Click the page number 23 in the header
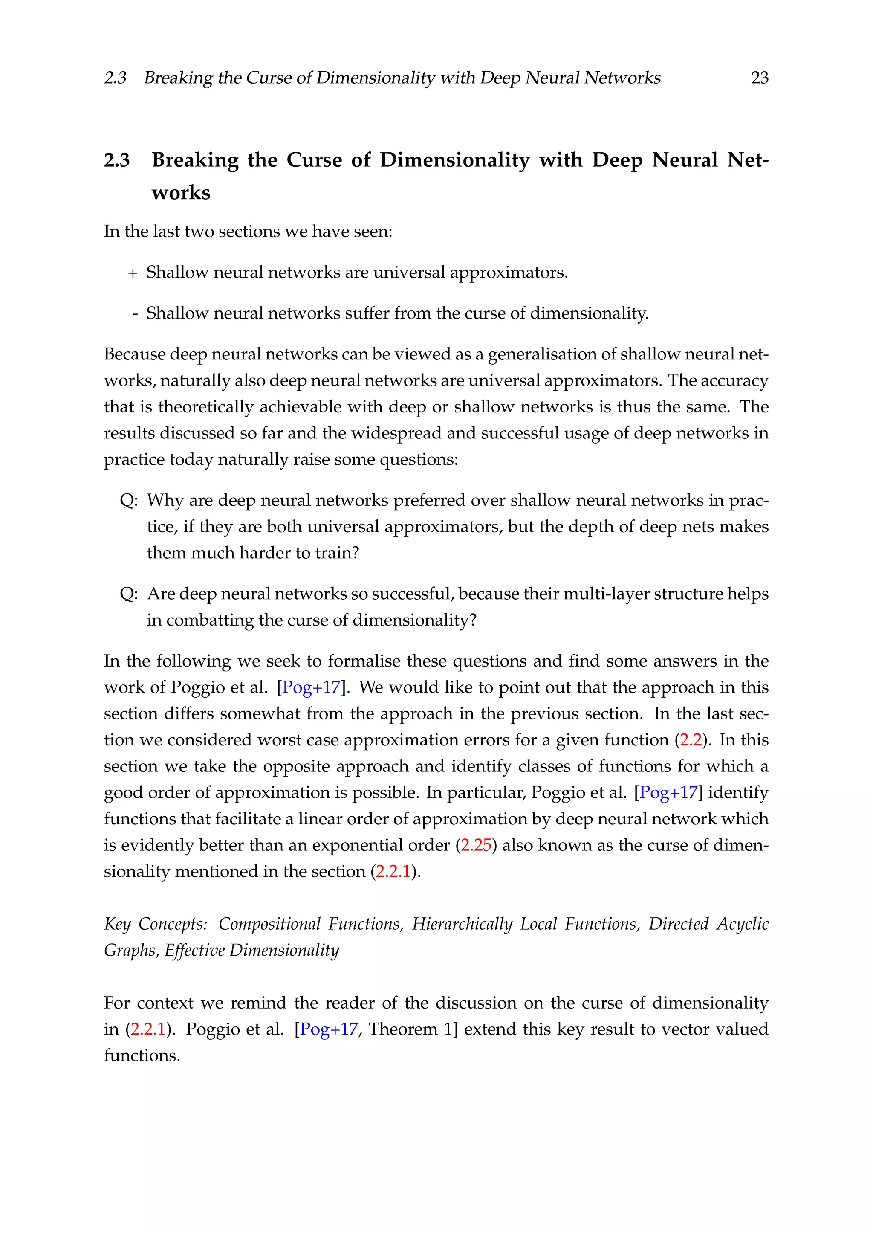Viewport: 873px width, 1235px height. click(x=759, y=78)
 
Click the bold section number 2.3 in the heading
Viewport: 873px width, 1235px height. click(x=117, y=160)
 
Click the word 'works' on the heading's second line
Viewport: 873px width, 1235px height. click(x=181, y=193)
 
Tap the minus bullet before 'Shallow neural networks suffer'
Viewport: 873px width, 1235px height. click(x=135, y=313)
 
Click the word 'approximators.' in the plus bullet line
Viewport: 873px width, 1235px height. click(x=509, y=273)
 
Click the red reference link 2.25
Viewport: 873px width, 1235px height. click(x=476, y=845)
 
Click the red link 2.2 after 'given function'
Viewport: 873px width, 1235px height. click(x=691, y=740)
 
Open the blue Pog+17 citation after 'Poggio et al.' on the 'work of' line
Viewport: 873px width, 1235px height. click(x=311, y=687)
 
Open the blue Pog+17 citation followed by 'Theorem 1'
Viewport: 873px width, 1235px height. click(x=329, y=1029)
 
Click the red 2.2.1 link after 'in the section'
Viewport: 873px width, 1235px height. click(x=393, y=871)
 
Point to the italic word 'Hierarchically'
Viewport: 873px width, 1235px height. click(x=463, y=924)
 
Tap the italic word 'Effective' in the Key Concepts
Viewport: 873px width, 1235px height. click(x=194, y=951)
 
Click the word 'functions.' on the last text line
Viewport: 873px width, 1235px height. click(x=142, y=1055)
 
